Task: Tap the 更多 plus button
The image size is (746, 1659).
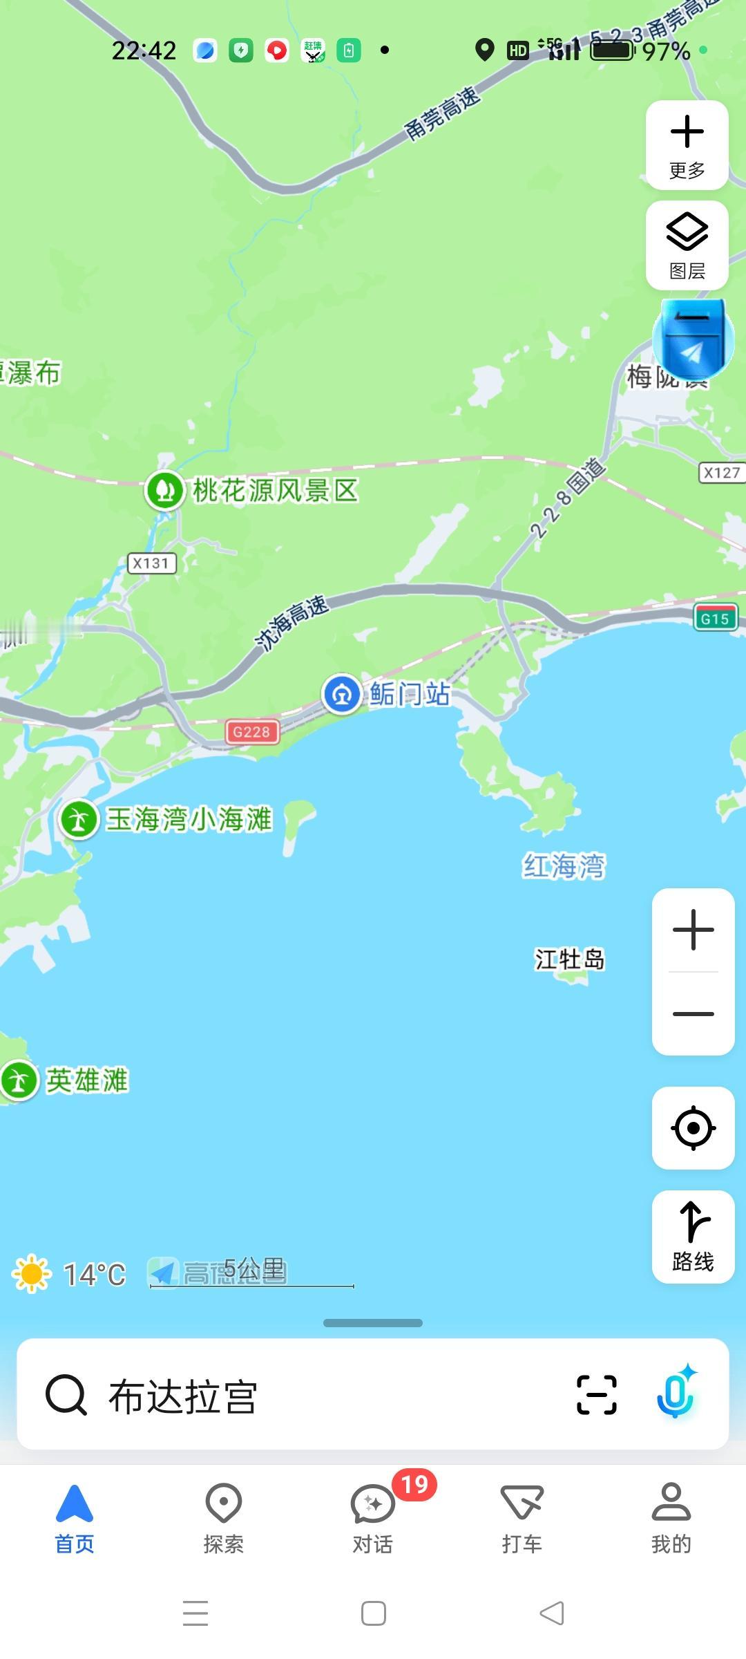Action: [x=687, y=145]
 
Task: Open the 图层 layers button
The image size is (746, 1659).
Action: [x=687, y=245]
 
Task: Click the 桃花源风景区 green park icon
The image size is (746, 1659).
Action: [x=164, y=490]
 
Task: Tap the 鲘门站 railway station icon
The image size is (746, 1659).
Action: [x=342, y=694]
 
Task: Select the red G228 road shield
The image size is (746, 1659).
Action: [x=252, y=732]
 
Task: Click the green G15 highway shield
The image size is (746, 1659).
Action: [x=715, y=618]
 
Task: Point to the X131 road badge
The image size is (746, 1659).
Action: [x=151, y=563]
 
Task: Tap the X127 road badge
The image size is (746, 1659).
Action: [x=722, y=473]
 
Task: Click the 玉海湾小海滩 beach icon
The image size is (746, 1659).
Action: [x=79, y=820]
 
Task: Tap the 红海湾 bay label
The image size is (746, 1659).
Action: [x=564, y=866]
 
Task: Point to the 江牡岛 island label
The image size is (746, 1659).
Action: [x=569, y=959]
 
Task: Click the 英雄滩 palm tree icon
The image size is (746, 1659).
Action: [x=19, y=1080]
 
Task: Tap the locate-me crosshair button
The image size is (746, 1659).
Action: [x=693, y=1128]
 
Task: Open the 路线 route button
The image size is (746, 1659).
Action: [x=693, y=1237]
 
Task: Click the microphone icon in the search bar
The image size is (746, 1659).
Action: [x=676, y=1394]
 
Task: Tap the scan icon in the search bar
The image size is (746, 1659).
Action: [x=596, y=1394]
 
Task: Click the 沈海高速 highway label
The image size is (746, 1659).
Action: [x=291, y=622]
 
